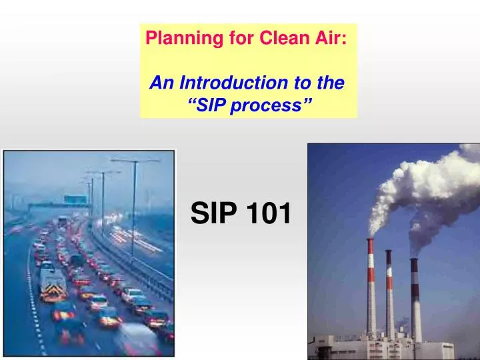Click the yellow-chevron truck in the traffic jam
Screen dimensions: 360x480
tap(52, 283)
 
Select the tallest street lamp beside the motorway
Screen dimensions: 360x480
tap(134, 200)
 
